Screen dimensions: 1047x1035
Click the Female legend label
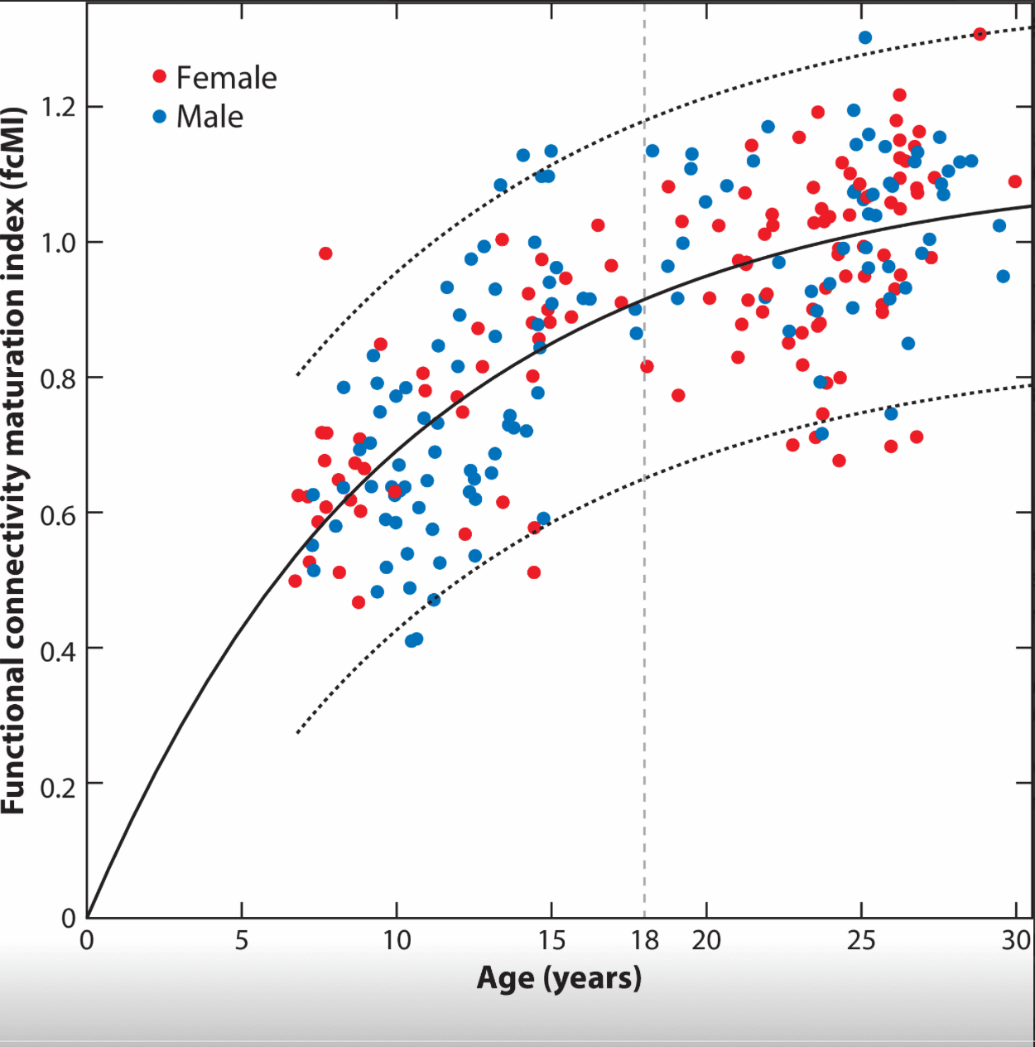pos(226,78)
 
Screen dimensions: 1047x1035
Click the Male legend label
pos(209,117)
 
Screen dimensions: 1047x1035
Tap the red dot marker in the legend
pos(160,77)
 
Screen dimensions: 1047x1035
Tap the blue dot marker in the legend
pos(160,117)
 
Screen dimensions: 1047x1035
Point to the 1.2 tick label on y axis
pos(59,108)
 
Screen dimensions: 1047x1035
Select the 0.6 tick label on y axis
pos(59,514)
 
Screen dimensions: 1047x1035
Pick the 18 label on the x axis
pos(645,940)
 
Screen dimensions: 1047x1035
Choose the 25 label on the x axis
pos(861,940)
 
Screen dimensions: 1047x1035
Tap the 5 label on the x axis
pos(242,940)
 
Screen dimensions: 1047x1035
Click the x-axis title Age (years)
pos(559,978)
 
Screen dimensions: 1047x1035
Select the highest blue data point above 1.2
pos(865,37)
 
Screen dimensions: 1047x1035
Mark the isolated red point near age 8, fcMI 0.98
pos(325,253)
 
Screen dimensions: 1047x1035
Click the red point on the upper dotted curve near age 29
pos(980,34)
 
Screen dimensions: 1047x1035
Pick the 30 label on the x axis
pos(1017,940)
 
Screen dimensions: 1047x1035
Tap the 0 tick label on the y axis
pos(69,918)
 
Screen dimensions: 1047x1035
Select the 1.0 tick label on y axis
pos(59,243)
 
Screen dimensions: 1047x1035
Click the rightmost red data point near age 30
pos(1015,181)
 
